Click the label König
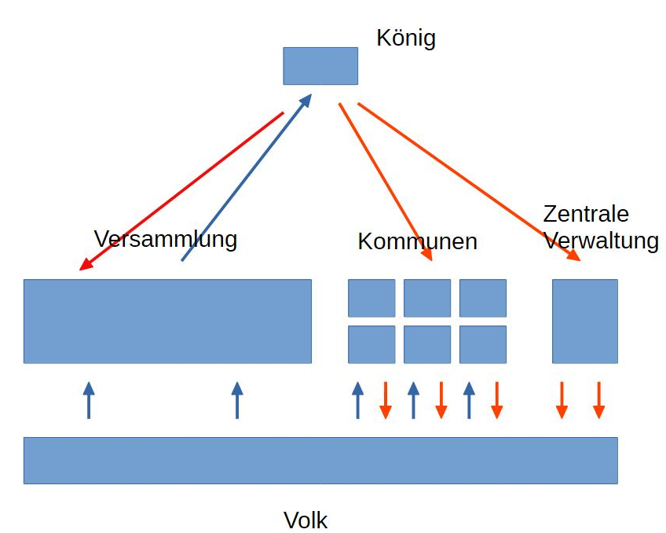(405, 38)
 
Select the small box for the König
(320, 66)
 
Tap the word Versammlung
(165, 238)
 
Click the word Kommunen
(417, 241)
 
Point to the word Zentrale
(586, 214)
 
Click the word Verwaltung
(601, 241)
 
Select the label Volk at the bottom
(306, 520)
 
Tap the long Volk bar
(320, 460)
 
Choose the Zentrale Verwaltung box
(584, 321)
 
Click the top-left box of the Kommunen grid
(371, 298)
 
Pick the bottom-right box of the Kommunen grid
(483, 344)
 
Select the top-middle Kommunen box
(427, 298)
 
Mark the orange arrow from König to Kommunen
(385, 181)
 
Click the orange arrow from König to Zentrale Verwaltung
(468, 181)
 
